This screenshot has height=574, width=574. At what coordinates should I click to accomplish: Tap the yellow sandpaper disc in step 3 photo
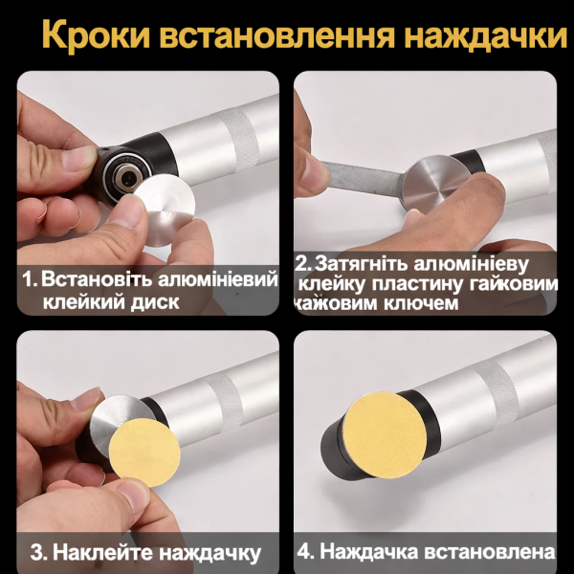pyautogui.click(x=143, y=451)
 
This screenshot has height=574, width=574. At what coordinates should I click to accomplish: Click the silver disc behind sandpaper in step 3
pyautogui.click(x=113, y=421)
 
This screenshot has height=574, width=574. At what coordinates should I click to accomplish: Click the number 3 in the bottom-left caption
pyautogui.click(x=35, y=553)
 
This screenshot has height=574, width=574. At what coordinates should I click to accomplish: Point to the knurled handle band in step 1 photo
pyautogui.click(x=235, y=134)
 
